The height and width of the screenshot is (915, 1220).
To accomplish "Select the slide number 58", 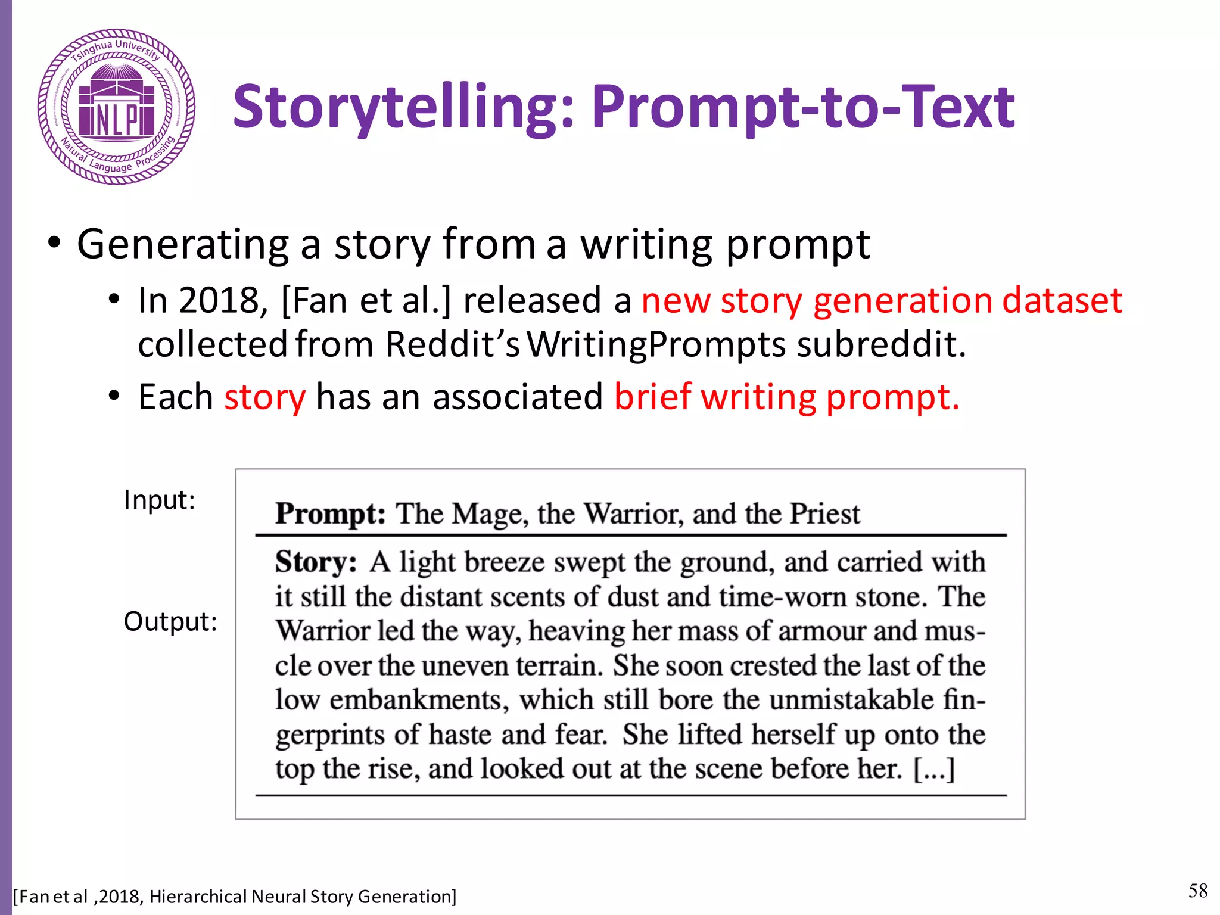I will tap(1197, 891).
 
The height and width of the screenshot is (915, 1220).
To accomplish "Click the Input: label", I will tap(159, 500).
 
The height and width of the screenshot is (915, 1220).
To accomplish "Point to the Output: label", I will tap(170, 621).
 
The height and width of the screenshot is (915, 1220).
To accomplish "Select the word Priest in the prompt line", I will tap(824, 513).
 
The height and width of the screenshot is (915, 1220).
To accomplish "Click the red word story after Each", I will tap(264, 397).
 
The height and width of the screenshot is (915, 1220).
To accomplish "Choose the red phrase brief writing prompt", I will tap(786, 397).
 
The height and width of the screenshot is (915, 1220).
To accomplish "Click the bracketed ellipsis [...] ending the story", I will tap(934, 769).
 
